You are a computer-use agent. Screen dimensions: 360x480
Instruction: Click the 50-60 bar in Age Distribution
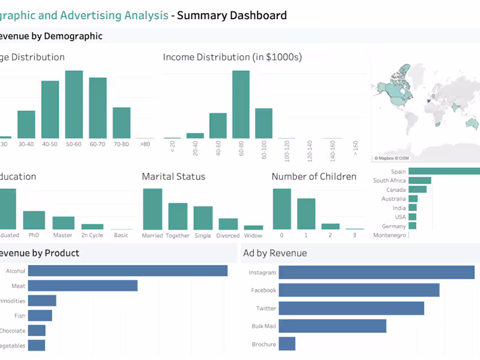[x=74, y=105]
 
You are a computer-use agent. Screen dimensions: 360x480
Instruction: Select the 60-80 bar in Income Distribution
[x=241, y=105]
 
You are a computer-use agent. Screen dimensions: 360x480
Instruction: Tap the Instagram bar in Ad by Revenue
[x=376, y=272]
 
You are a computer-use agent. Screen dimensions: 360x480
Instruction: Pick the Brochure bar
[x=287, y=344]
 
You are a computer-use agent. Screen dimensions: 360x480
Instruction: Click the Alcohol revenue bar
[x=128, y=271]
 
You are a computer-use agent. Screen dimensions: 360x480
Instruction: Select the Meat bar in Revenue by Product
[x=83, y=286]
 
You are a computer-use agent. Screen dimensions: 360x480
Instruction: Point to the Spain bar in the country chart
[x=444, y=172]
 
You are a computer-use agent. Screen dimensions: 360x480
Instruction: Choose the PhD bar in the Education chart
[x=34, y=220]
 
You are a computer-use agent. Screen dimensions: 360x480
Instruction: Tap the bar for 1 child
[x=306, y=214]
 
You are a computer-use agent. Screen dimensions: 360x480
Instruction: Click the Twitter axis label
[x=266, y=308]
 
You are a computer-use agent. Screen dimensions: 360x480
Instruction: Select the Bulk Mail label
[x=263, y=326]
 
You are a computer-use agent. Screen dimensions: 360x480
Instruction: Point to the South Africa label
[x=389, y=181]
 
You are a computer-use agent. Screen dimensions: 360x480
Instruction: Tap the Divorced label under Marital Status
[x=228, y=236]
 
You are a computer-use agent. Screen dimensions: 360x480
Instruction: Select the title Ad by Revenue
[x=275, y=253]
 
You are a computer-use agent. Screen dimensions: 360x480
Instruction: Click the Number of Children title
[x=314, y=176]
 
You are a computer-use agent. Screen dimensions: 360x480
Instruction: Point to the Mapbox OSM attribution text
[x=391, y=158]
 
